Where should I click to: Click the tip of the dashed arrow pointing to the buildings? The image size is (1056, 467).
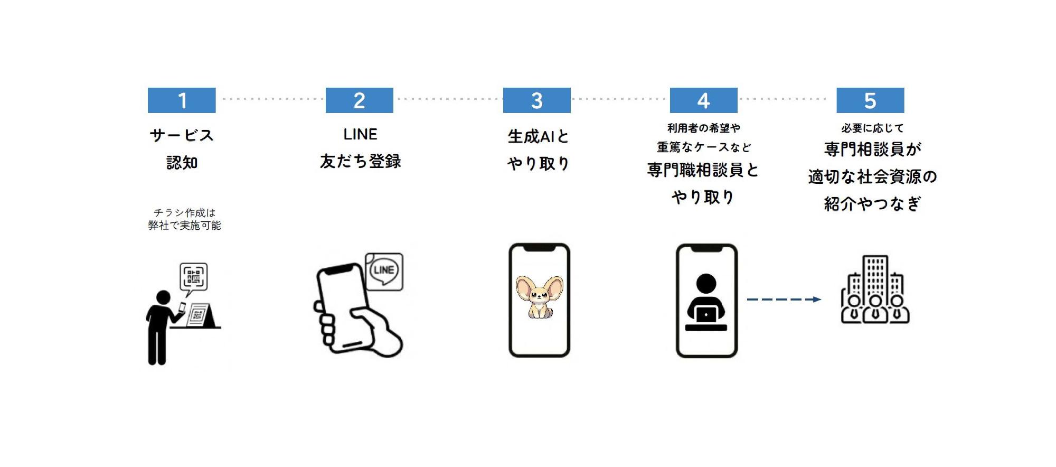tap(822, 300)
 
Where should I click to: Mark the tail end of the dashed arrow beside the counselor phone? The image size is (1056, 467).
tap(747, 300)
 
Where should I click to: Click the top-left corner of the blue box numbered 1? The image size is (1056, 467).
tap(148, 88)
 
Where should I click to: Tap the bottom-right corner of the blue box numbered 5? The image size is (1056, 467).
tap(904, 113)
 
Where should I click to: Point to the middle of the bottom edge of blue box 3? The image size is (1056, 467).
tap(537, 113)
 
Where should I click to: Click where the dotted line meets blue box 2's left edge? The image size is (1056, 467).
tap(326, 99)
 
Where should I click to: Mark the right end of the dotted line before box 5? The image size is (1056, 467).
tap(827, 99)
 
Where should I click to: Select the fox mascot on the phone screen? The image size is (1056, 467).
tap(539, 297)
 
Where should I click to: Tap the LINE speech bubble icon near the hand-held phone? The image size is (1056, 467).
tap(384, 272)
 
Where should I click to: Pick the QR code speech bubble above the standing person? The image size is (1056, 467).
tap(194, 278)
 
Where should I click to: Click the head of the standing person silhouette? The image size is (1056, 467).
tap(163, 297)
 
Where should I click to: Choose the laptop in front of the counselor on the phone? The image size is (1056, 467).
tap(706, 314)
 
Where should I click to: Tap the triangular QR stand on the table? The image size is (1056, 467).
tap(201, 315)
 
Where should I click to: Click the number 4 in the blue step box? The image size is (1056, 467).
tap(703, 100)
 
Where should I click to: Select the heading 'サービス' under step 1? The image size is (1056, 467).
tap(182, 135)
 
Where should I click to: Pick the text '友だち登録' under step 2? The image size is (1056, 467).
tap(360, 161)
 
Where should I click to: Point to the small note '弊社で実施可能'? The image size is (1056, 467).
tap(184, 226)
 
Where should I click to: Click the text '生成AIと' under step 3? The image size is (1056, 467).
tap(538, 136)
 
